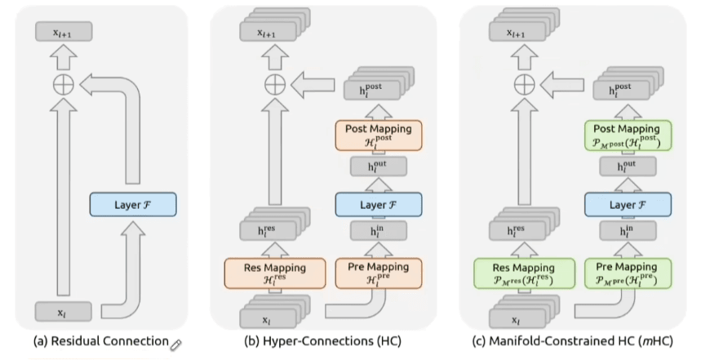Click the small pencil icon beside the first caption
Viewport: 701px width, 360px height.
(x=174, y=343)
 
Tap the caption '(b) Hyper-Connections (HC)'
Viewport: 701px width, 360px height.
(x=323, y=341)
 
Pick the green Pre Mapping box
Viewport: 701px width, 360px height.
(x=628, y=273)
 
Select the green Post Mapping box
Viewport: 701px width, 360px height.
(x=628, y=136)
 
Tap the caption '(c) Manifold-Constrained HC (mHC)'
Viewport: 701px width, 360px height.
(x=573, y=341)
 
